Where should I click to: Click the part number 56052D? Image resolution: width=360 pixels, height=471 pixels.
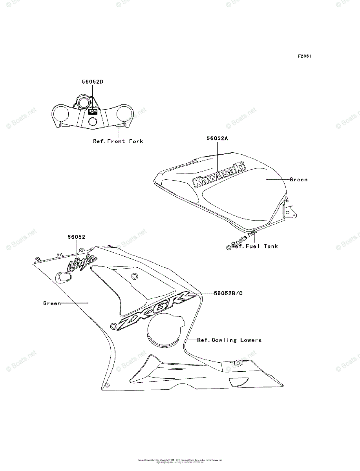tap(92, 82)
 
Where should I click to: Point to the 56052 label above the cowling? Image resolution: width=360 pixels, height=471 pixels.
tap(76, 237)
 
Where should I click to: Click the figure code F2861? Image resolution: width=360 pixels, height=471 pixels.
tap(304, 56)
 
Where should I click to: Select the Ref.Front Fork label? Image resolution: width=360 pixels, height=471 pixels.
tap(118, 141)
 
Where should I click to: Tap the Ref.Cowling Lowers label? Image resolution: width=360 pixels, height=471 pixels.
tap(229, 340)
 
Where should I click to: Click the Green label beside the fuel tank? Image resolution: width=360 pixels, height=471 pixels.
tap(298, 180)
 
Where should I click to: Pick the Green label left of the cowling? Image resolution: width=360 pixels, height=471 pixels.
tap(52, 303)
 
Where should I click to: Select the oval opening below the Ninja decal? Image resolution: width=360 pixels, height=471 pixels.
tap(63, 277)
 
